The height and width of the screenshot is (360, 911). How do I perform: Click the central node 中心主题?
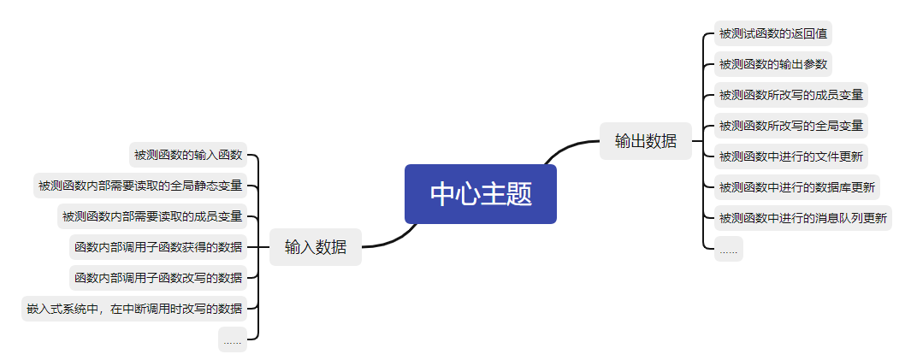point(481,194)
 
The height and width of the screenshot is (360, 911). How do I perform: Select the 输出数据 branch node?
point(645,141)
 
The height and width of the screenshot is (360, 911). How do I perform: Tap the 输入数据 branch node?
point(316,247)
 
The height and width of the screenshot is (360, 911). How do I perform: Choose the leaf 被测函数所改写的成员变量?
point(791,95)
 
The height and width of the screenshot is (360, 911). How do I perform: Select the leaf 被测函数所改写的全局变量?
point(791,126)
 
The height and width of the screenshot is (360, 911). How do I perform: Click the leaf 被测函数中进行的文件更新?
point(791,156)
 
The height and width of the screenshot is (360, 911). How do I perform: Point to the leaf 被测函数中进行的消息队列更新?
point(803,218)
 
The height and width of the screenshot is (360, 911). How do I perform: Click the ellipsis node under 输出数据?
point(729,249)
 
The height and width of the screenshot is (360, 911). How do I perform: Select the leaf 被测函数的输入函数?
point(188,155)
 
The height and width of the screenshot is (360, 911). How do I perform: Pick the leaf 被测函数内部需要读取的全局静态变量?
point(140,186)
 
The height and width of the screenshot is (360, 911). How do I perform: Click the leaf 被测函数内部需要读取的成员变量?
point(152,216)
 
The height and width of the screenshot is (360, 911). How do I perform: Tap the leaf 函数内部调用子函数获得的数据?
point(158,247)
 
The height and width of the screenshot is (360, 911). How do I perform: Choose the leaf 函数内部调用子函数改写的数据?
point(158,278)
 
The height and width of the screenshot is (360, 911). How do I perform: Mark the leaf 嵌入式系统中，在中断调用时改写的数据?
point(134,309)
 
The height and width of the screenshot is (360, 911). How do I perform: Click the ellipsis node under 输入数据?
point(233,339)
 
